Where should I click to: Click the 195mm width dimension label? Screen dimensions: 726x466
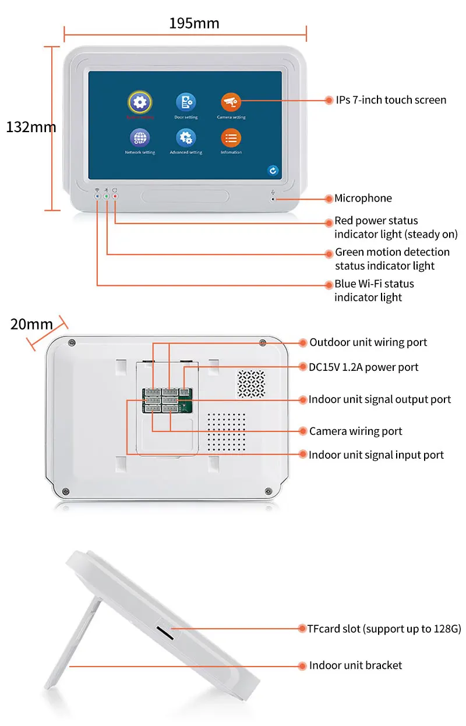[194, 23]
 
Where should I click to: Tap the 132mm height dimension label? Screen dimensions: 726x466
[31, 127]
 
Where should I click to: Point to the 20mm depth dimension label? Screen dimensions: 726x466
[31, 324]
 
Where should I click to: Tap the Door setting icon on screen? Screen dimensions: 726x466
[186, 103]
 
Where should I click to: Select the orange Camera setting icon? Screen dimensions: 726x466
[231, 102]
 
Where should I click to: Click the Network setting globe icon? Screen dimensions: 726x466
[140, 138]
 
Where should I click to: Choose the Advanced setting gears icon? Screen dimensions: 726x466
[186, 138]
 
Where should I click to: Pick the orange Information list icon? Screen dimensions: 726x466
[231, 138]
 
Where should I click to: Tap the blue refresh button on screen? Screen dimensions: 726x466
[273, 171]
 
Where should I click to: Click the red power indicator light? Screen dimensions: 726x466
[115, 197]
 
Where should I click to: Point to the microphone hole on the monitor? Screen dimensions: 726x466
[273, 199]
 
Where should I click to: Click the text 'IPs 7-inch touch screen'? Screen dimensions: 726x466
[391, 100]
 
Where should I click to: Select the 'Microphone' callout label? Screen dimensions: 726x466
[363, 199]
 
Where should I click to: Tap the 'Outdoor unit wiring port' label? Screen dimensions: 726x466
[368, 342]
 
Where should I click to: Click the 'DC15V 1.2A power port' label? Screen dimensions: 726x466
[363, 367]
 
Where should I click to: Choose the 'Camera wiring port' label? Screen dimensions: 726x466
[355, 431]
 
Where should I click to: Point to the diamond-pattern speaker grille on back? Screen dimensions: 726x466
[250, 384]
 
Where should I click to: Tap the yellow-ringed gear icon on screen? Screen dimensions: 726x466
[139, 102]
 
